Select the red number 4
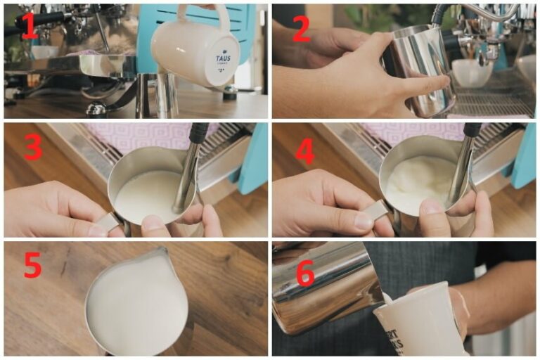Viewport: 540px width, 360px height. click(x=304, y=150)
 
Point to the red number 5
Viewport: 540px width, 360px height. click(x=32, y=265)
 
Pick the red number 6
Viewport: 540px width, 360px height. click(x=304, y=274)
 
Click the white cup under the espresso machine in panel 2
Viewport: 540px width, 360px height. click(x=471, y=72)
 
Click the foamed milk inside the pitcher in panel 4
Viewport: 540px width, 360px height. click(x=418, y=184)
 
